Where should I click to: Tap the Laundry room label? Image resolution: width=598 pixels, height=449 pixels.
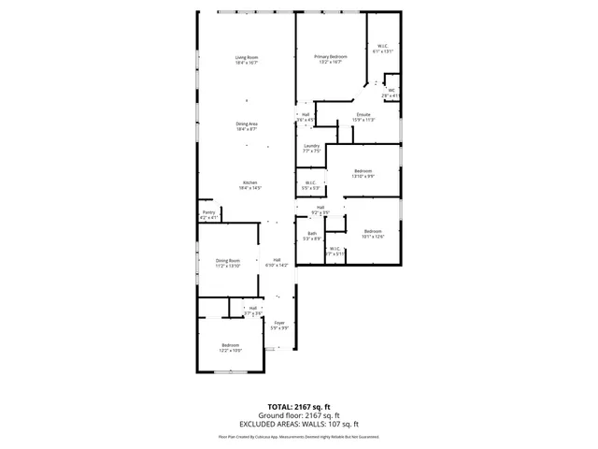(312, 148)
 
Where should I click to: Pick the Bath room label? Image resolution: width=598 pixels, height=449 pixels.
(312, 236)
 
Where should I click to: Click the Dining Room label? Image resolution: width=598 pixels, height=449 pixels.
(228, 263)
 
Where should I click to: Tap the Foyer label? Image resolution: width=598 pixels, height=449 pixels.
(278, 325)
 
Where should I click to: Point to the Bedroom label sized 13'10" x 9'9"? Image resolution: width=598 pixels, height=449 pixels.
(363, 173)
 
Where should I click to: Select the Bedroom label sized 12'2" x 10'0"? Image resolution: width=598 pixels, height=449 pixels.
(231, 348)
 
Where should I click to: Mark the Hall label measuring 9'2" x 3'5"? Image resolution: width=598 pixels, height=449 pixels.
(320, 210)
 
